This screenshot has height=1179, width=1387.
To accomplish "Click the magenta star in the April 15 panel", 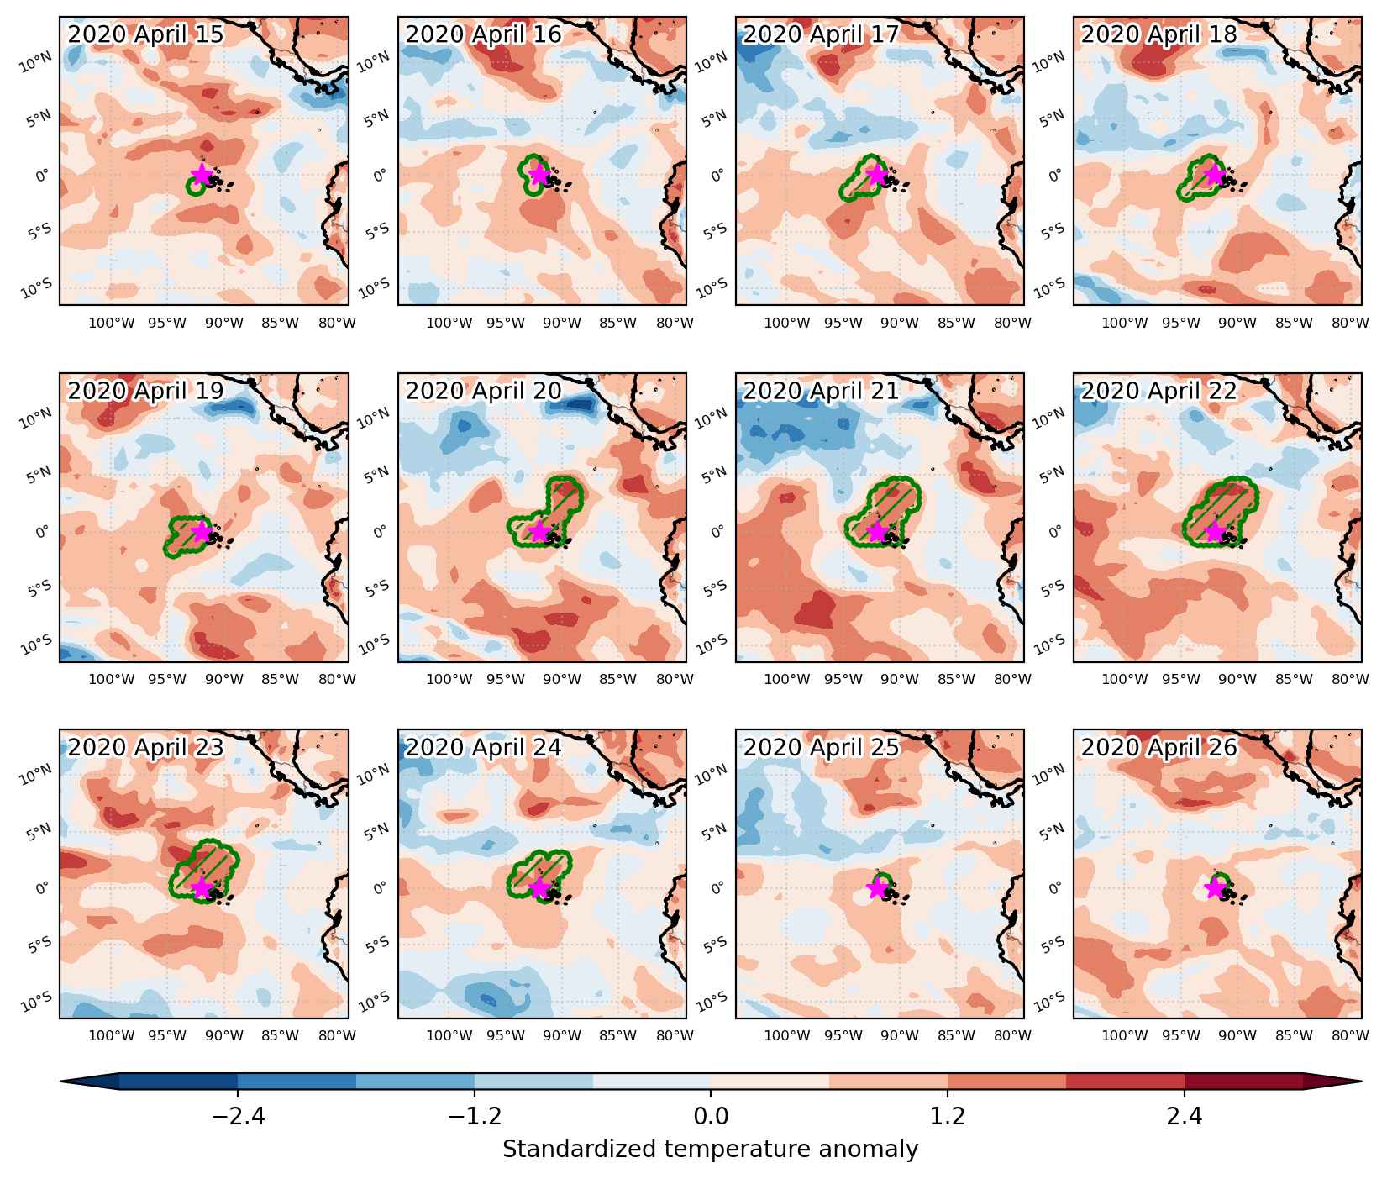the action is pyautogui.click(x=201, y=174).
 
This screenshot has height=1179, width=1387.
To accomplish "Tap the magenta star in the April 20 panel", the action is pyautogui.click(x=539, y=530).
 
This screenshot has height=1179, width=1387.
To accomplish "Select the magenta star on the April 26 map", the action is pyautogui.click(x=1214, y=887).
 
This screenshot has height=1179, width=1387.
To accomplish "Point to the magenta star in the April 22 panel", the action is pyautogui.click(x=1214, y=530).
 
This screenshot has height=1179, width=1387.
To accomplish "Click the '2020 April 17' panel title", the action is pyautogui.click(x=821, y=34).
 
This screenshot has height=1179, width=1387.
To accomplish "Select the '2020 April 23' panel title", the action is pyautogui.click(x=145, y=747).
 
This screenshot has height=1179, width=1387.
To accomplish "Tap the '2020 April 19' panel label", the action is pyautogui.click(x=145, y=391).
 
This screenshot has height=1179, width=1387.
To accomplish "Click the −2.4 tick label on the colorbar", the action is pyautogui.click(x=238, y=1117).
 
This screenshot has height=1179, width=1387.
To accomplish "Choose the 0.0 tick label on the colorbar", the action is pyautogui.click(x=711, y=1117).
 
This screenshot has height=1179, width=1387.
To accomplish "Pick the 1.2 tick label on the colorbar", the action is pyautogui.click(x=948, y=1117).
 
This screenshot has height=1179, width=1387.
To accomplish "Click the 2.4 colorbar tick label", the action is pyautogui.click(x=1185, y=1117).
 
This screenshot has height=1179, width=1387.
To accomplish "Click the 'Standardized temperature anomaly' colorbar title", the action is pyautogui.click(x=711, y=1149).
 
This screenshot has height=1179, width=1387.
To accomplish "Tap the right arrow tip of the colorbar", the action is pyautogui.click(x=1361, y=1082).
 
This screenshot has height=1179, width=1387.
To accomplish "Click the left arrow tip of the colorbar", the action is pyautogui.click(x=60, y=1082).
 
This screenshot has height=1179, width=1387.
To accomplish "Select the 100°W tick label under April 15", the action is pyautogui.click(x=112, y=323).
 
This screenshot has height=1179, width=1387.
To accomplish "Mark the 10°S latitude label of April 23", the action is pyautogui.click(x=36, y=1001).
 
